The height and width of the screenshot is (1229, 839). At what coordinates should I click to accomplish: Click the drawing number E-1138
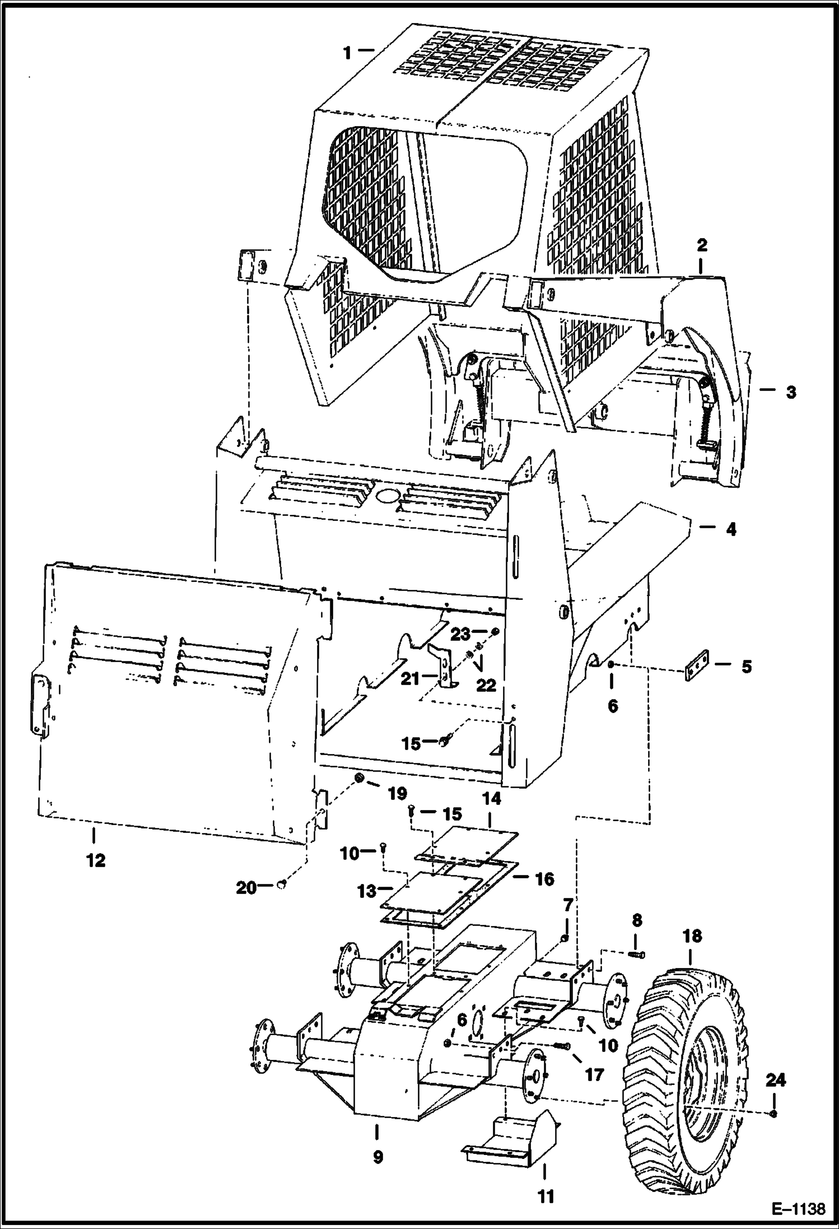pos(798,1208)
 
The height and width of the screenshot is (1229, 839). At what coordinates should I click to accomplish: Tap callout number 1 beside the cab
pos(348,53)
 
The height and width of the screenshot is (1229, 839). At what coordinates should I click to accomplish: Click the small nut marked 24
pos(773,1113)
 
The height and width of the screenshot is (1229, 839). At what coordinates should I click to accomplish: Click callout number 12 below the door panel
pos(95,860)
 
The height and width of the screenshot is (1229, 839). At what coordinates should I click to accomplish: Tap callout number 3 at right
pos(790,392)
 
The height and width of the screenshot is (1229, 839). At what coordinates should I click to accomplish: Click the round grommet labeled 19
pos(360,779)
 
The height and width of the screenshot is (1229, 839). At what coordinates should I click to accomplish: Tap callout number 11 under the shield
pos(545,1197)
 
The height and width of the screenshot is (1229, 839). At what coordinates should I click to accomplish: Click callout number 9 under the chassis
pos(378,1154)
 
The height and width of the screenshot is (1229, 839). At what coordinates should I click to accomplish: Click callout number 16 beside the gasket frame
pos(544,878)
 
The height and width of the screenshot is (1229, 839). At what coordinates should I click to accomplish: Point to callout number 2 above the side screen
pos(702,245)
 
